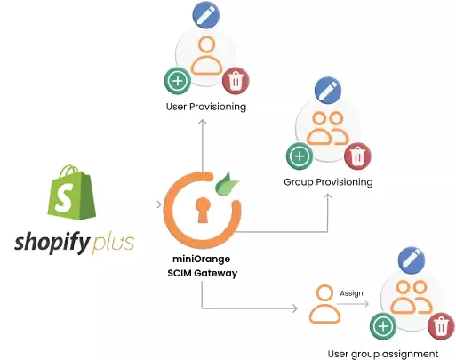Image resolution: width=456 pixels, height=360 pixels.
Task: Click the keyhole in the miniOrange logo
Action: [204, 211]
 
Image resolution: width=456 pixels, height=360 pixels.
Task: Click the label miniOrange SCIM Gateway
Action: [204, 265]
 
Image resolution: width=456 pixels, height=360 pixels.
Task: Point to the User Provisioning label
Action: [206, 107]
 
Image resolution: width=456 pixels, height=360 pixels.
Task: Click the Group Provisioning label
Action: [328, 181]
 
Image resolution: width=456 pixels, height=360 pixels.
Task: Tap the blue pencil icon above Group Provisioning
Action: [328, 90]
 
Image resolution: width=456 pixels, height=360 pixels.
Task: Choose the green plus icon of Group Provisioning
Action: [299, 156]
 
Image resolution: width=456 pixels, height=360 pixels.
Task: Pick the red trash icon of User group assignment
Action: [439, 326]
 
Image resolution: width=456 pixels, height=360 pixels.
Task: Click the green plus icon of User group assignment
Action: [384, 327]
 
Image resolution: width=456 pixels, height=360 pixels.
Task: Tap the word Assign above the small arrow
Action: [351, 292]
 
